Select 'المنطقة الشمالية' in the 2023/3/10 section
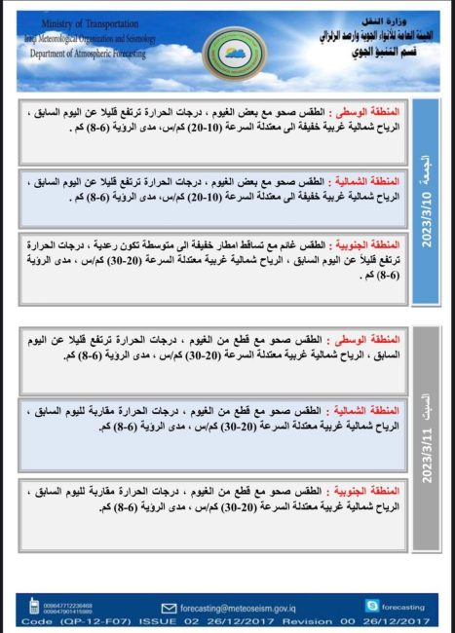click(x=371, y=180)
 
